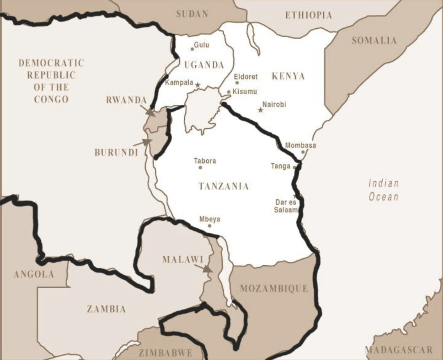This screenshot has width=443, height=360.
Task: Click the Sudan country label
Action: click(192, 14)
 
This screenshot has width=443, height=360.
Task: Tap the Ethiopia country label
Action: click(308, 16)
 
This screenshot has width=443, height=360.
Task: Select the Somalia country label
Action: click(374, 41)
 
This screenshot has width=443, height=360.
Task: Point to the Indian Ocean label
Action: click(383, 190)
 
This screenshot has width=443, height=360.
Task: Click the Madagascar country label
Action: click(399, 350)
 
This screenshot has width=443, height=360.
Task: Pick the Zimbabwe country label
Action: click(165, 353)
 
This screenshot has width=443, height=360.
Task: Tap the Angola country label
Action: click(34, 274)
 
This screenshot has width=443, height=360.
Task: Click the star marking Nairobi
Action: click(260, 110)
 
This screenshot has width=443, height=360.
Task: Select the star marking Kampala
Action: click(197, 85)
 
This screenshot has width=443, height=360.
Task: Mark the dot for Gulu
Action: click(192, 49)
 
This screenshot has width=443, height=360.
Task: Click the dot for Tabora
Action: click(200, 167)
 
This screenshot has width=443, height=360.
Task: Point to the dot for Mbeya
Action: click(210, 226)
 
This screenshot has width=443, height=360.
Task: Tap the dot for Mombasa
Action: click(303, 152)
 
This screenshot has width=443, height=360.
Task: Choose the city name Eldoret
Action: click(246, 77)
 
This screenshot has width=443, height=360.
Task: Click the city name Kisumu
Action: click(244, 91)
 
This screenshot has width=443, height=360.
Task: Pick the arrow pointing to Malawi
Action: click(203, 268)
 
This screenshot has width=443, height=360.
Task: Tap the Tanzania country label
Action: click(224, 186)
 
